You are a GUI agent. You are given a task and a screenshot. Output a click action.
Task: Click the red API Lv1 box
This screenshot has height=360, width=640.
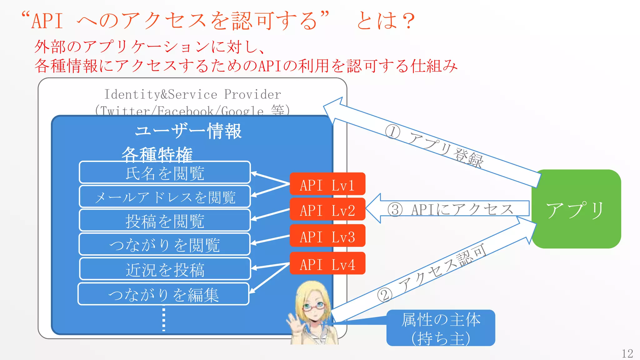point(327,184)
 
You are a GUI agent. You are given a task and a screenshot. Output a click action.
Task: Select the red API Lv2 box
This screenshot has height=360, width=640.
point(327,209)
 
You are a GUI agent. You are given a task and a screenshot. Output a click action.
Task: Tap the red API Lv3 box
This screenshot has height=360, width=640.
point(327,236)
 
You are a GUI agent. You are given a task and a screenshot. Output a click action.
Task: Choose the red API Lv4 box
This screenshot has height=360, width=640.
point(327,263)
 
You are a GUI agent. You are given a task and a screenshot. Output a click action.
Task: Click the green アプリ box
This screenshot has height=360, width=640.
point(576,209)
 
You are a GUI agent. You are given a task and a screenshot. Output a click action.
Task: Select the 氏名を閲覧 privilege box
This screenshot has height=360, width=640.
point(165,172)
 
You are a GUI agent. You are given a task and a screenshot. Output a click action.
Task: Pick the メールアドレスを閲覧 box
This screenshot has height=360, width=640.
point(165,197)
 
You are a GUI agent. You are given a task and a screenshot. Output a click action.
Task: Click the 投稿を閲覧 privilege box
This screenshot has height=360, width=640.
point(165,221)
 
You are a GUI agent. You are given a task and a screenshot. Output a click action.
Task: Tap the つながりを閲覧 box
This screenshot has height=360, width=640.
point(165,244)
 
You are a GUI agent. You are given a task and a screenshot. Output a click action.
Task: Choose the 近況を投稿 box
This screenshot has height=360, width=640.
point(165,269)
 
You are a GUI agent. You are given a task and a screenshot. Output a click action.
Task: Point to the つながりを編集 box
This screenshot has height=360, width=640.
point(163,294)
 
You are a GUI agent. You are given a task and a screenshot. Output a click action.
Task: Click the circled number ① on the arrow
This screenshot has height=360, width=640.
point(392,132)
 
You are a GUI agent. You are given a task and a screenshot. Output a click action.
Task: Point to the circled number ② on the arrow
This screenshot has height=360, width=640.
point(384,295)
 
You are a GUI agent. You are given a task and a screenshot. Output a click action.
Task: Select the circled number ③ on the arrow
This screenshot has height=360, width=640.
point(395,210)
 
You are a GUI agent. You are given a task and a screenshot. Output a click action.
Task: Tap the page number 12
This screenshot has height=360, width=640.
point(627,353)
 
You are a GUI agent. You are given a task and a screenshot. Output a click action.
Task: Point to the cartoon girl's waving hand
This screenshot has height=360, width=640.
point(293,322)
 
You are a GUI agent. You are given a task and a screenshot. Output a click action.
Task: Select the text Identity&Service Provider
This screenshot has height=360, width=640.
point(192,94)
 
